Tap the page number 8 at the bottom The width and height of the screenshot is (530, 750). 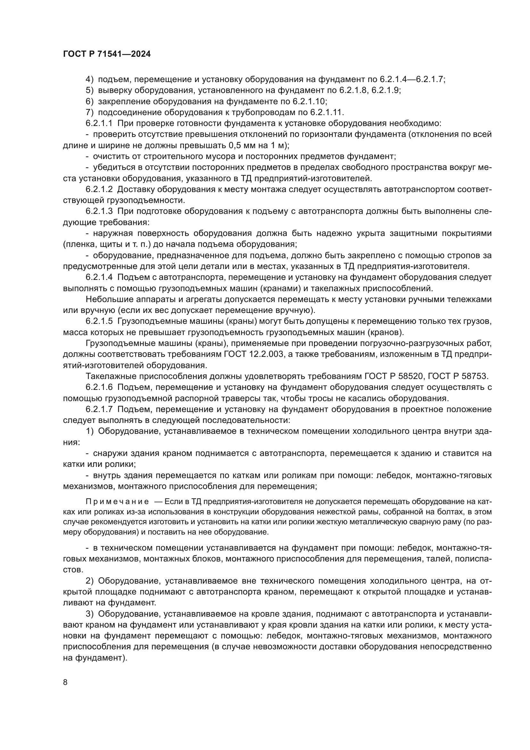(x=65, y=682)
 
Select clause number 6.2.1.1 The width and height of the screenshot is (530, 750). (x=99, y=123)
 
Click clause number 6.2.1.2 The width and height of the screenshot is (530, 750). (x=99, y=190)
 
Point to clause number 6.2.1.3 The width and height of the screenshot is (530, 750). (x=99, y=211)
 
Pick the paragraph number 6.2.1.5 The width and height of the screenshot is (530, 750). (x=99, y=321)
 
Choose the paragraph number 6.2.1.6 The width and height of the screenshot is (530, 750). (x=99, y=387)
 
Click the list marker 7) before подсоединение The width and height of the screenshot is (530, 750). (x=89, y=112)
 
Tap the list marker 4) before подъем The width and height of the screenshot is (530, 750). (x=89, y=80)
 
